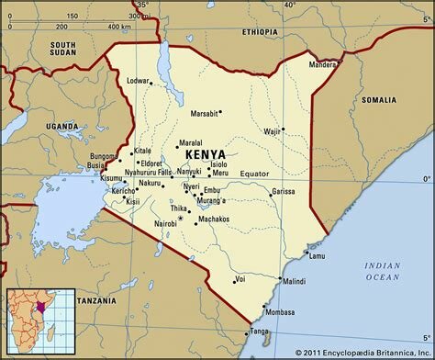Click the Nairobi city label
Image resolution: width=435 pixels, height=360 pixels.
tap(165, 224)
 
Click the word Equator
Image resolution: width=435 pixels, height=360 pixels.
tap(254, 174)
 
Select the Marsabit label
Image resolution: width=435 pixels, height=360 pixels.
tap(205, 113)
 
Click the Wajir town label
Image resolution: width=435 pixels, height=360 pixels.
tap(271, 131)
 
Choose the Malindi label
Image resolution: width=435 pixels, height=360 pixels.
tap(294, 281)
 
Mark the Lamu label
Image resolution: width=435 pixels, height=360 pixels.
tap(318, 255)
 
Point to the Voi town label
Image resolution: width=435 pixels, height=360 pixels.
tap(240, 277)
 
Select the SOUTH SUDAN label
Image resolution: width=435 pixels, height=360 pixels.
tap(63, 49)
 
